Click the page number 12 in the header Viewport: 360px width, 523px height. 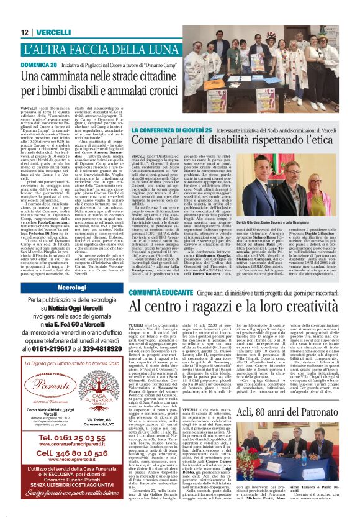(25, 32)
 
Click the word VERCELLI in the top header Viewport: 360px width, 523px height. (53, 32)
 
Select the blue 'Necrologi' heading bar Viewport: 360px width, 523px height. (72, 288)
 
